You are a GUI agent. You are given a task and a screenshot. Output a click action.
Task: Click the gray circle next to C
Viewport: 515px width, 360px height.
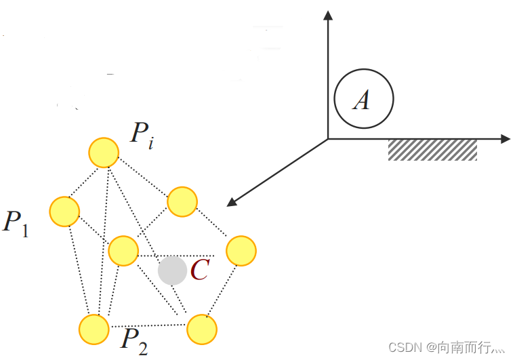pos(172,271)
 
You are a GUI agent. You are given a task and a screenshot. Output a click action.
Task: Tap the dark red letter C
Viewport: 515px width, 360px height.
pos(199,271)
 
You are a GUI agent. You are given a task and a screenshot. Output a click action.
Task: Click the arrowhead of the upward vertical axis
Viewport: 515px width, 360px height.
pos(328,15)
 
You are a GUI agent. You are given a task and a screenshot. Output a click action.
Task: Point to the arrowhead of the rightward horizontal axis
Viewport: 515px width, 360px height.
pos(504,139)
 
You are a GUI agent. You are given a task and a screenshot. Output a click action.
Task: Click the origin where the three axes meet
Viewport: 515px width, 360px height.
pos(328,139)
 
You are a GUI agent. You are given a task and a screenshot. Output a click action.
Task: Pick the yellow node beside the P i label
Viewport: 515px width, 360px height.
pos(104,153)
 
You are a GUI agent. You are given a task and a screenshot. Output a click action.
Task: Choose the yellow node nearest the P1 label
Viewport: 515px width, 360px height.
pos(64,211)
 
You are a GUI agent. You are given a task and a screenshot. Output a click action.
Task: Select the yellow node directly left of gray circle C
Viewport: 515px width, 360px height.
pos(123,251)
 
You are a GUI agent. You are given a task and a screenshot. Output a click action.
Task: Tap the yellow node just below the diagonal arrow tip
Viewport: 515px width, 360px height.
pos(182,202)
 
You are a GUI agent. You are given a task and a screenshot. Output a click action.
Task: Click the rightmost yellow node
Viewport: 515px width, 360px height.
pos(241,251)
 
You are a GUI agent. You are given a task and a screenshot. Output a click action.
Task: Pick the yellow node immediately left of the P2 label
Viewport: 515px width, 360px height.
pos(94,329)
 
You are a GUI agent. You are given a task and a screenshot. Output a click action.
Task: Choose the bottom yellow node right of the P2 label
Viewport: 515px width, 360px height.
pos(201,329)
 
